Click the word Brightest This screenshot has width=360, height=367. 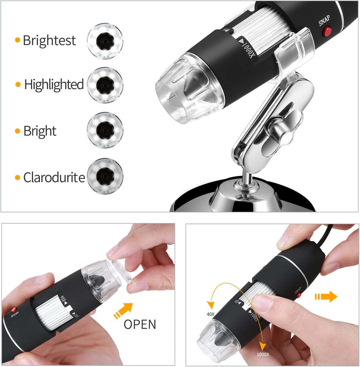pos(49,41)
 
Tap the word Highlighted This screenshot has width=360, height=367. pos(54,85)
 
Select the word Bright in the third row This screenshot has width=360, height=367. pos(40,131)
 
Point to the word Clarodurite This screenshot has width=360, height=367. pos(54,178)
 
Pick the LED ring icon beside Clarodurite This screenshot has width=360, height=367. pos(105,176)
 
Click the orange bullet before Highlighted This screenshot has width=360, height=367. pos(18,85)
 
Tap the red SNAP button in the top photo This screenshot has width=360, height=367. pos(328,31)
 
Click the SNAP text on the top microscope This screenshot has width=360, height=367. pos(325,22)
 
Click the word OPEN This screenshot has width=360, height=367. pos(140,324)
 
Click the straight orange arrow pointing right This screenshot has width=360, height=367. pos(326,296)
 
